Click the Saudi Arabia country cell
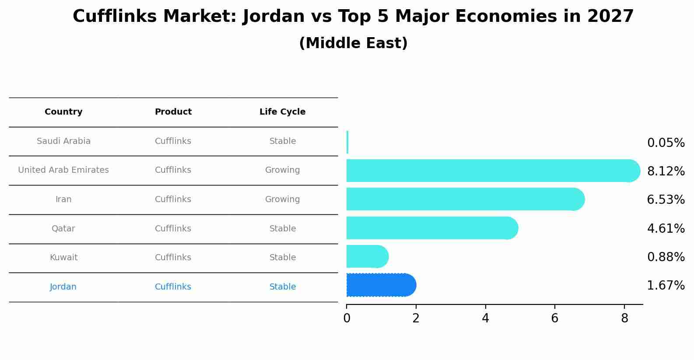point(63,141)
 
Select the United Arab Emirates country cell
point(63,170)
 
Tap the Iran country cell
point(63,199)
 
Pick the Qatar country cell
point(63,229)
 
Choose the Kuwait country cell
point(63,258)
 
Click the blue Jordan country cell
point(63,287)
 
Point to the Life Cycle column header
point(282,112)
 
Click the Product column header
point(173,112)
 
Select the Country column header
point(63,112)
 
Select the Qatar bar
point(431,228)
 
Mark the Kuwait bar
point(367,256)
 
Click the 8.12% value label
point(666,171)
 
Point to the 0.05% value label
point(666,143)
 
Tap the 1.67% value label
point(666,286)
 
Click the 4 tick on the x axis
point(485,318)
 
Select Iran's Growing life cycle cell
point(282,199)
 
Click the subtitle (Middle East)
point(353,43)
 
